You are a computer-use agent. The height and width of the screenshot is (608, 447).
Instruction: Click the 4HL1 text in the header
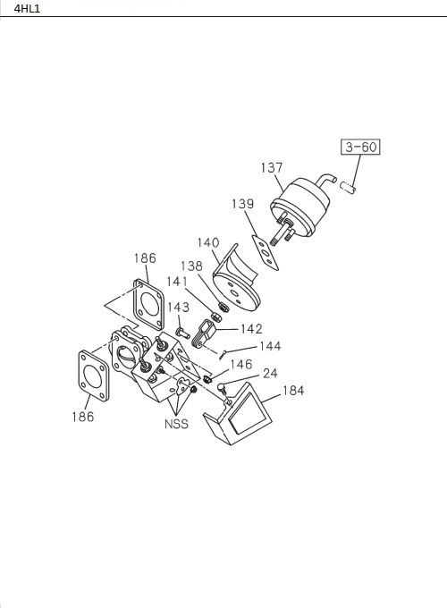[x=27, y=9]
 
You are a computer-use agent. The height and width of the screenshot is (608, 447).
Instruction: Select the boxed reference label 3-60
[x=360, y=147]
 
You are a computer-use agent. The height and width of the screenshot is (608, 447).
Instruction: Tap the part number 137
[x=272, y=168]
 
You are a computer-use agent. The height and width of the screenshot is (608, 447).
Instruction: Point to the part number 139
[x=242, y=204]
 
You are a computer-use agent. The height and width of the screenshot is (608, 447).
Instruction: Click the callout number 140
[x=208, y=242]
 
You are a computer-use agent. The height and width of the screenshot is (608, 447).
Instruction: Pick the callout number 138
[x=191, y=266]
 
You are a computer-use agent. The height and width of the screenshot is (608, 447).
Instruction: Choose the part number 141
[x=177, y=282]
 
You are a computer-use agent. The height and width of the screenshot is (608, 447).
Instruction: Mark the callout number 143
[x=178, y=307]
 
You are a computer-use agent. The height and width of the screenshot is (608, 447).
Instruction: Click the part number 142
[x=251, y=329]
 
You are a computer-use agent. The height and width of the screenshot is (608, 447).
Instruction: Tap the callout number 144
[x=270, y=346]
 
